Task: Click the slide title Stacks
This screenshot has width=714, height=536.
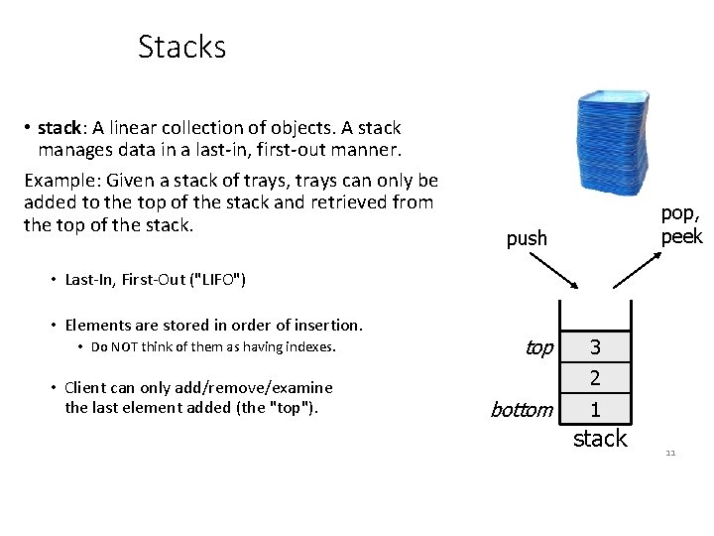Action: [x=181, y=47]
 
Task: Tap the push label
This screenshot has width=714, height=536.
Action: [x=527, y=238]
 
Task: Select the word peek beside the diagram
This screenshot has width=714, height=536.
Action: [x=682, y=236]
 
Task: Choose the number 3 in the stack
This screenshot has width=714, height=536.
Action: [x=595, y=347]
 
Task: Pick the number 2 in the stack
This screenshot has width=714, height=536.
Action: [x=595, y=378]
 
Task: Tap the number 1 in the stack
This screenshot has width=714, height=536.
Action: [x=595, y=409]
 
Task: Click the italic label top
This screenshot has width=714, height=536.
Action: [x=538, y=347]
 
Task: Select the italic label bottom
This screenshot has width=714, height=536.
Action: [x=522, y=409]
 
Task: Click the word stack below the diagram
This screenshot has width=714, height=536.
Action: [x=600, y=438]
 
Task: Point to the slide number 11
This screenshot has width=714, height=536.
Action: [x=670, y=453]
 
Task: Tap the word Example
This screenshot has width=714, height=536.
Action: [x=59, y=181]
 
